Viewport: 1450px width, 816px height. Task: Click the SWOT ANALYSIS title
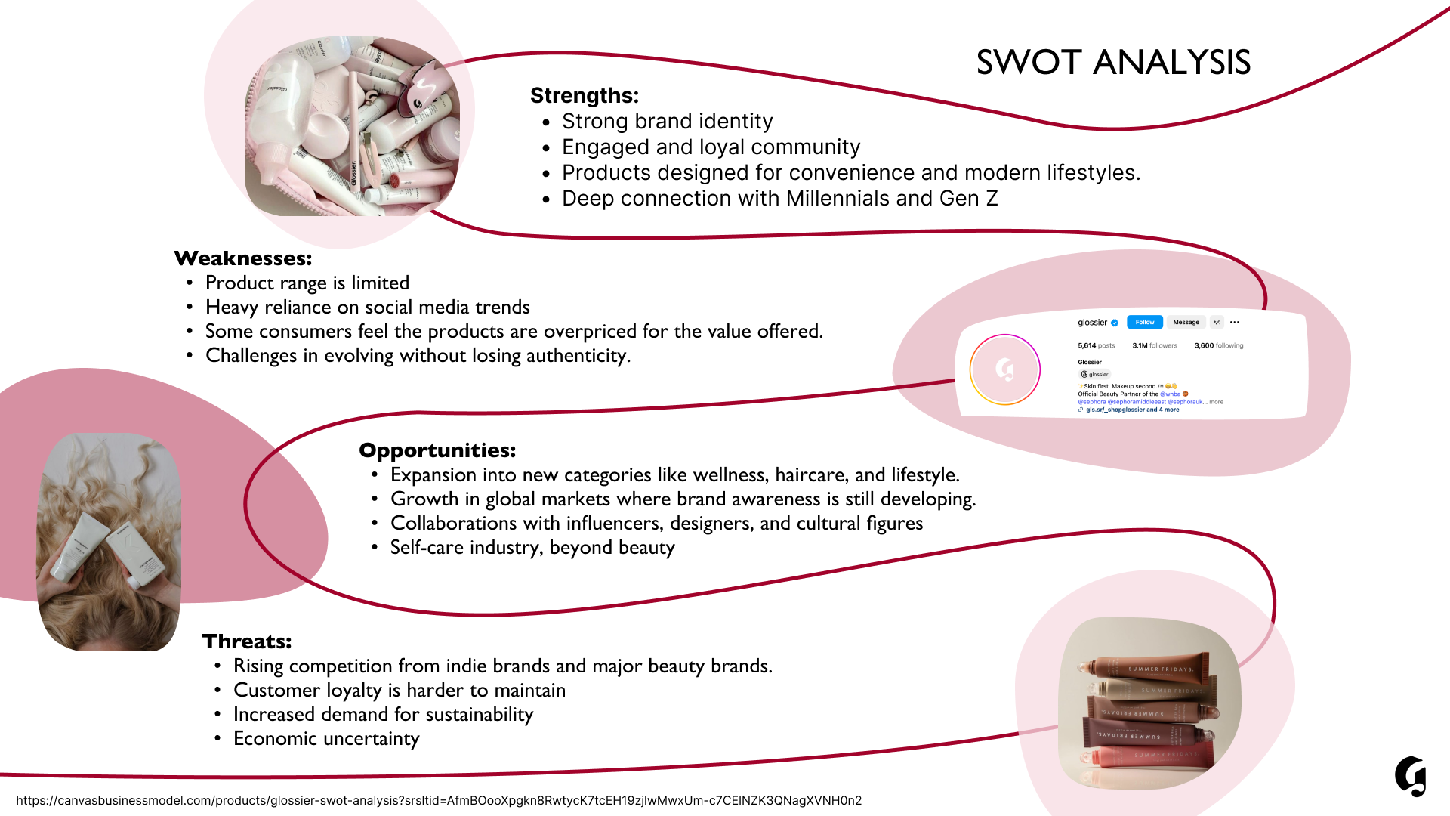coord(1113,63)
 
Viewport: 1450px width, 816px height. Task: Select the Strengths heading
coord(584,96)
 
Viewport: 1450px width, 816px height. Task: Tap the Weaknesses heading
coord(242,258)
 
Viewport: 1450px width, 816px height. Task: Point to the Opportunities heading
coord(437,450)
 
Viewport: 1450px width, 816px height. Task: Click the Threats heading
coord(246,641)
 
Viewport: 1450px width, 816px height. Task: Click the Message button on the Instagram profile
coord(1186,323)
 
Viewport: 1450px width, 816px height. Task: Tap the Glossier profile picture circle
coord(1004,369)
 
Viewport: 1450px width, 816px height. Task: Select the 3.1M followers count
coord(1154,346)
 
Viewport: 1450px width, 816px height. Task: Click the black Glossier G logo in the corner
coord(1410,776)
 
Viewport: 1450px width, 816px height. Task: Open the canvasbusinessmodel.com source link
coord(438,801)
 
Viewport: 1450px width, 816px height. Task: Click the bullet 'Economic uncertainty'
coord(326,739)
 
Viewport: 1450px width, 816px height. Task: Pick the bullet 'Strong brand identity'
coord(667,122)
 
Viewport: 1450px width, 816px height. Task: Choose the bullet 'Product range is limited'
coord(307,283)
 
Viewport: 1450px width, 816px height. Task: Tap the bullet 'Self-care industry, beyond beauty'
coord(532,548)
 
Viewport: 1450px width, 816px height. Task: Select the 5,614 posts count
coord(1096,346)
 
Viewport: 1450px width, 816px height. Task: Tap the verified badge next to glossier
coord(1115,323)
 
